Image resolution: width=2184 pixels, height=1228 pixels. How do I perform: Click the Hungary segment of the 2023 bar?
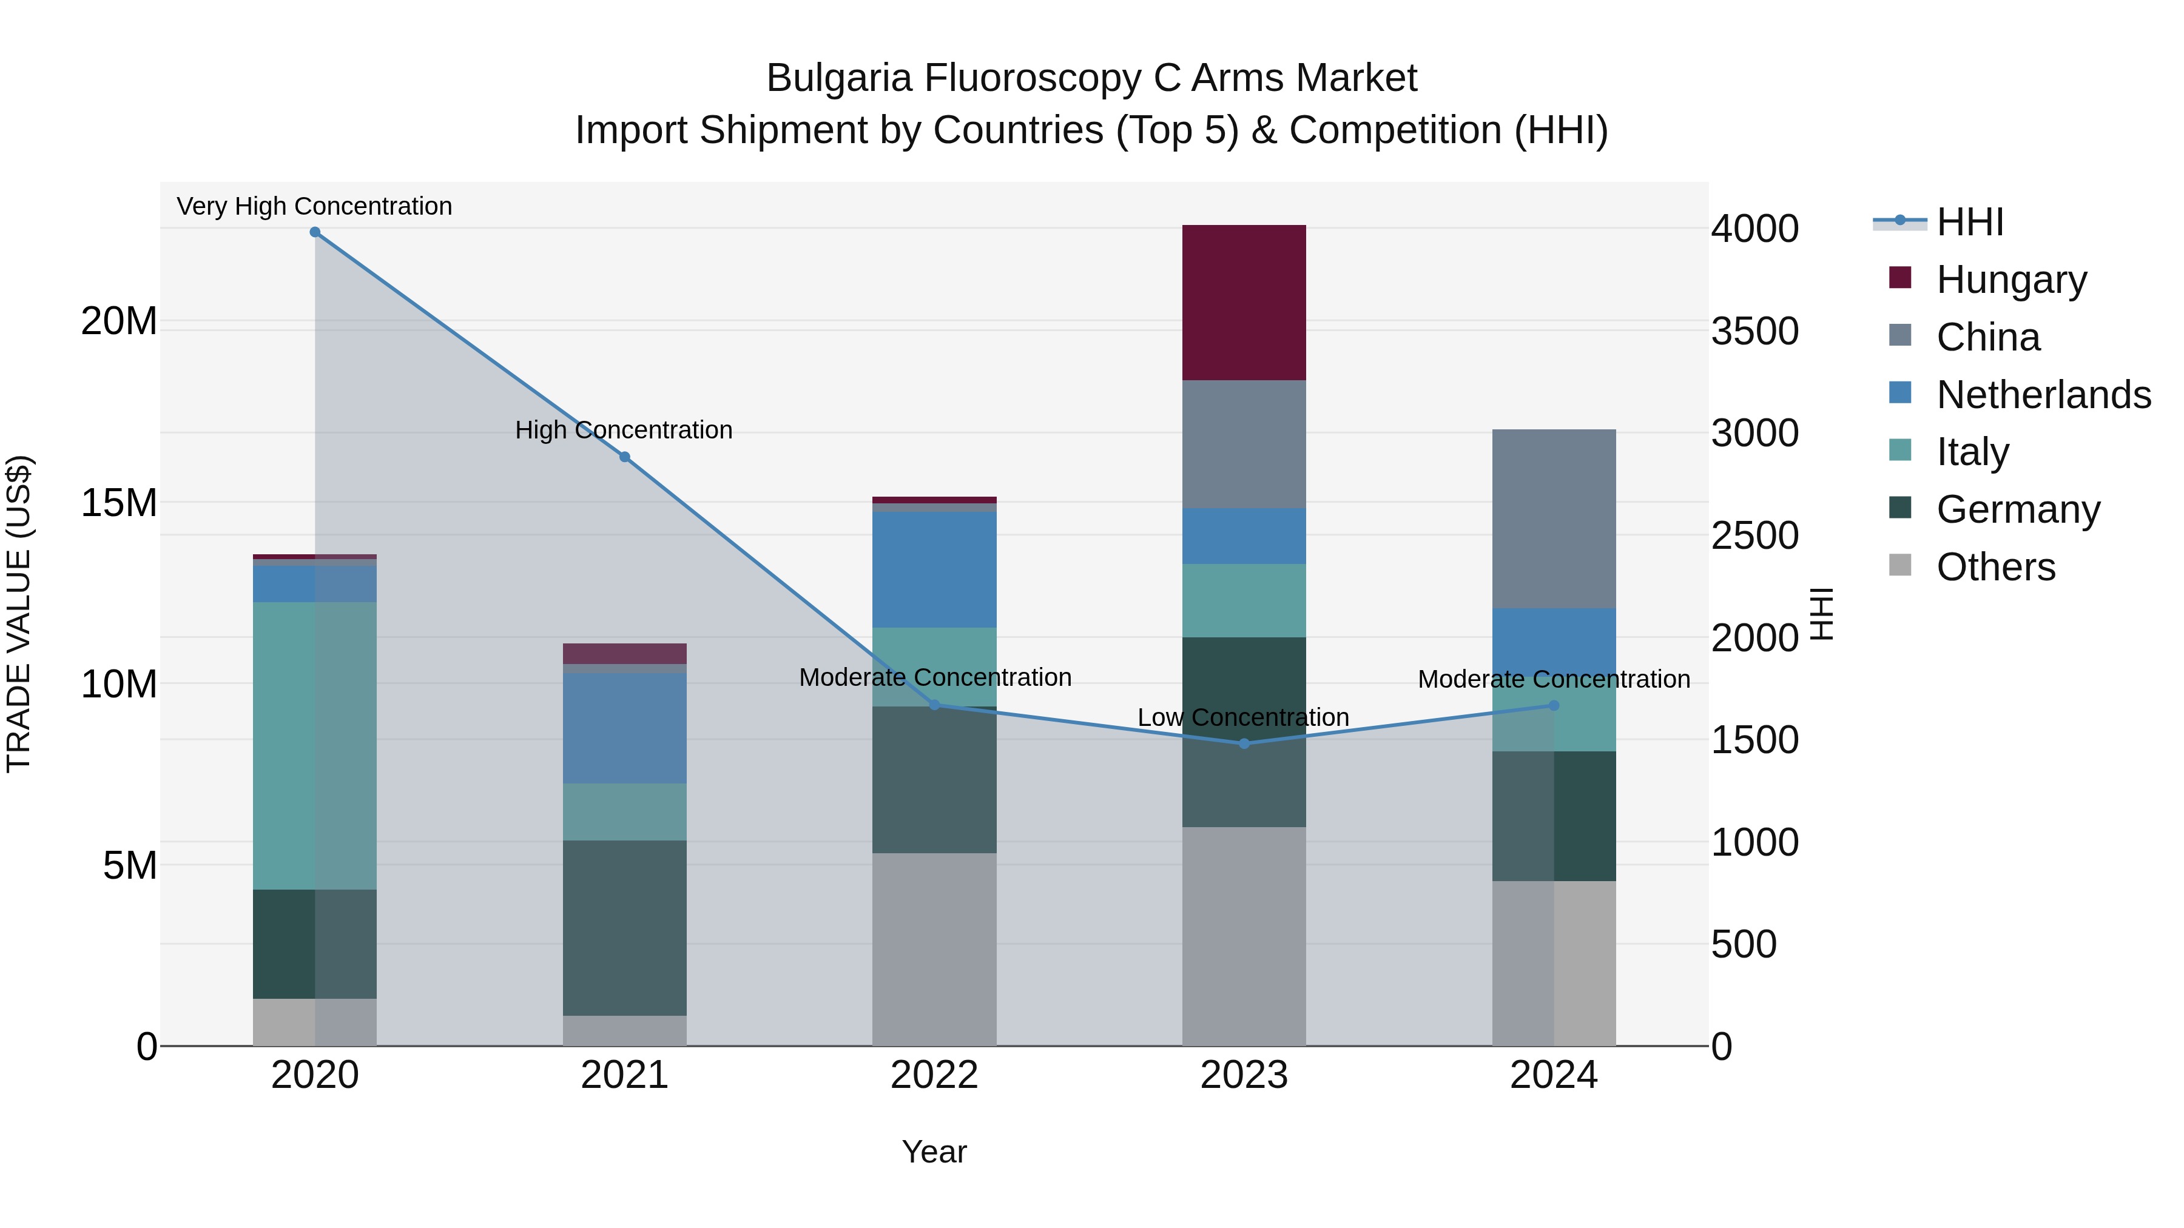(1244, 303)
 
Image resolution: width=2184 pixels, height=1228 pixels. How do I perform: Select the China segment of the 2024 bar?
(1553, 518)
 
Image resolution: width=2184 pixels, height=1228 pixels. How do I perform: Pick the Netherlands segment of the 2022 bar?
(934, 569)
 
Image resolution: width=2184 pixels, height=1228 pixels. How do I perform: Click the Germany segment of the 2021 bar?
(625, 928)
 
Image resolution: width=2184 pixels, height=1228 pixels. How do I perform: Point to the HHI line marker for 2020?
(314, 232)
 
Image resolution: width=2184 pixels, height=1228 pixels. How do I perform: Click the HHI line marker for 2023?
(1244, 744)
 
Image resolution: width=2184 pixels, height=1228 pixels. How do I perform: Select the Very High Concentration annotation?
(314, 206)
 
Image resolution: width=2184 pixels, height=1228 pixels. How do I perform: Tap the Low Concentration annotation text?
(1243, 717)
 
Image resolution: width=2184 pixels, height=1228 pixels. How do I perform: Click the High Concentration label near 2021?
(624, 430)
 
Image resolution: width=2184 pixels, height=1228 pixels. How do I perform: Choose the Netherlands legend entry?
(2043, 395)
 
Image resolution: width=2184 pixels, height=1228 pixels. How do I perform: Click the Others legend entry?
(1996, 567)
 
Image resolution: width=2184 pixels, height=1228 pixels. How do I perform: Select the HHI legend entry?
(1969, 222)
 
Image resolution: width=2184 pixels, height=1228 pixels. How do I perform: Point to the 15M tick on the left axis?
(119, 503)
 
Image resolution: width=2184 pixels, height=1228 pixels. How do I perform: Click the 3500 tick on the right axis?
(1754, 330)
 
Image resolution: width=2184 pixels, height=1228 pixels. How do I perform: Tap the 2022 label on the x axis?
(934, 1075)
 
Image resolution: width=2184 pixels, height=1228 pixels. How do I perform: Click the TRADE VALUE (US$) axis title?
(19, 614)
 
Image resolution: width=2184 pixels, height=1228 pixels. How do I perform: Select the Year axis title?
(934, 1152)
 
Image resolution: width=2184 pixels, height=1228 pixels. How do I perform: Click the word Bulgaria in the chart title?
(840, 78)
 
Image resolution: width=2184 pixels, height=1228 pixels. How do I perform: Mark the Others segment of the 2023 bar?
(1244, 936)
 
